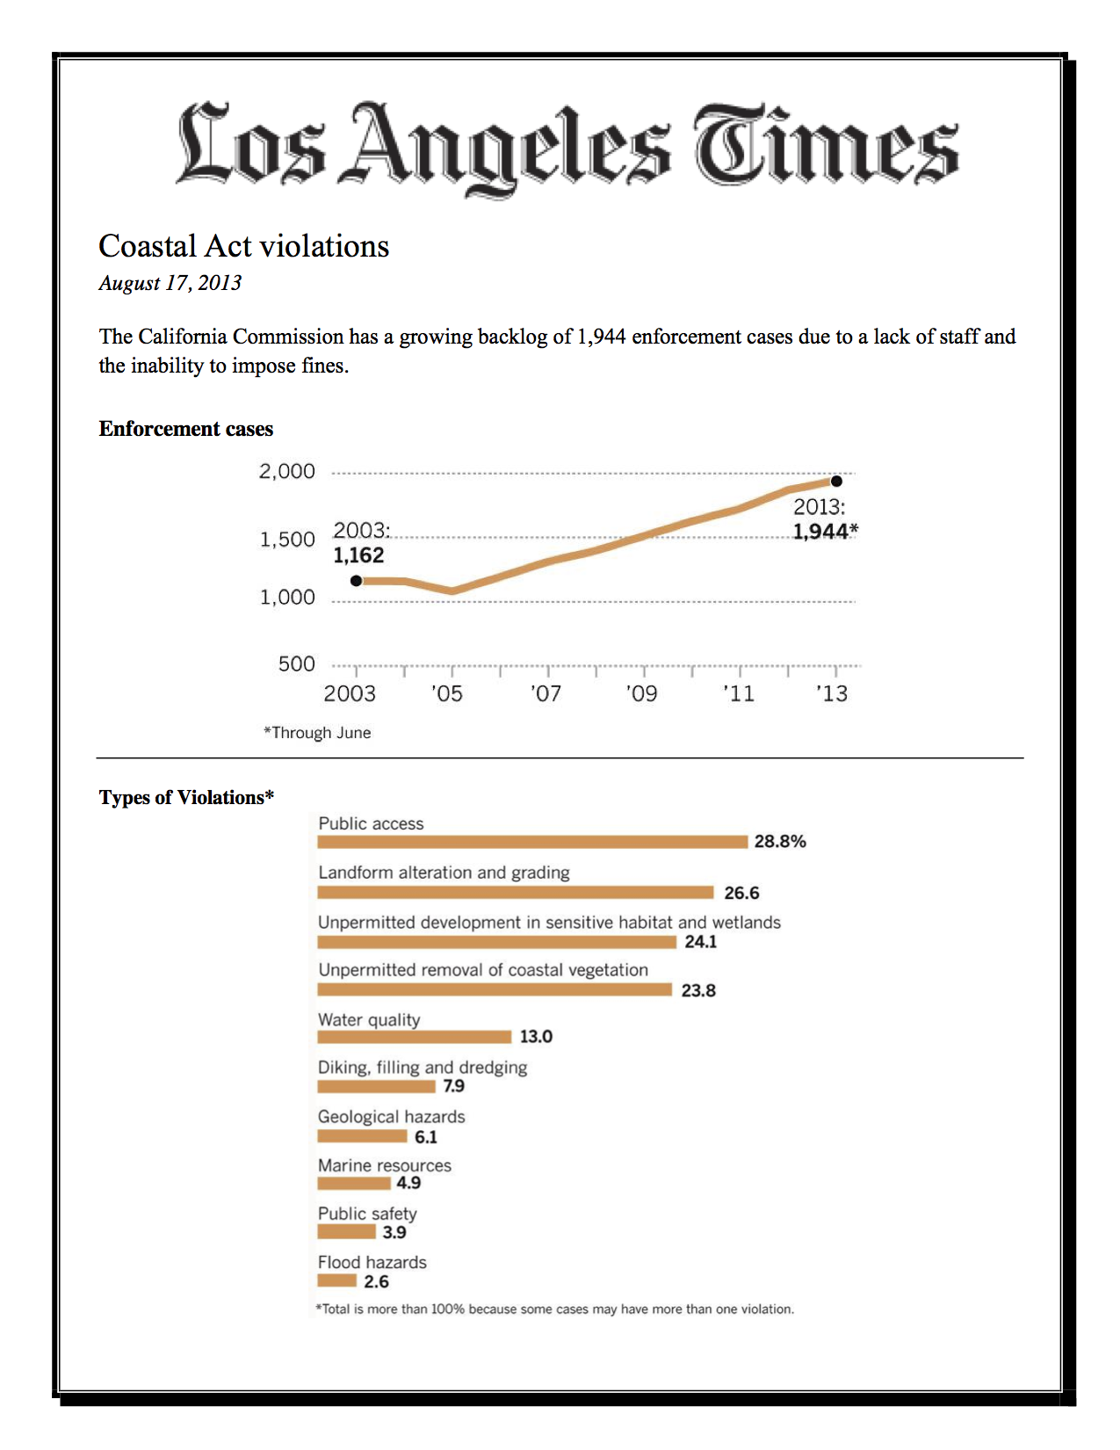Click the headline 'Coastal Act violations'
[243, 246]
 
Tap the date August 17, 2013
[170, 283]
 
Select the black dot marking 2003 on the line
[357, 581]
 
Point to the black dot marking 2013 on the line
[836, 481]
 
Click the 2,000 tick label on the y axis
[287, 471]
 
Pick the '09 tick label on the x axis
[642, 694]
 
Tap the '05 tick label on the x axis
[447, 694]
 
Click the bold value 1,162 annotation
[358, 555]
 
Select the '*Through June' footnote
[317, 733]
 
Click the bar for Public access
[532, 842]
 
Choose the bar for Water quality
[415, 1036]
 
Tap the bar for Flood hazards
[336, 1280]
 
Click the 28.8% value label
[780, 842]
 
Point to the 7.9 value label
[453, 1085]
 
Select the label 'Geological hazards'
[391, 1116]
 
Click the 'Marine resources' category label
[384, 1165]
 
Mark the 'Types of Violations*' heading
[186, 797]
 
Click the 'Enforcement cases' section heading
[186, 428]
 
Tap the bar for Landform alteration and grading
[516, 893]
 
